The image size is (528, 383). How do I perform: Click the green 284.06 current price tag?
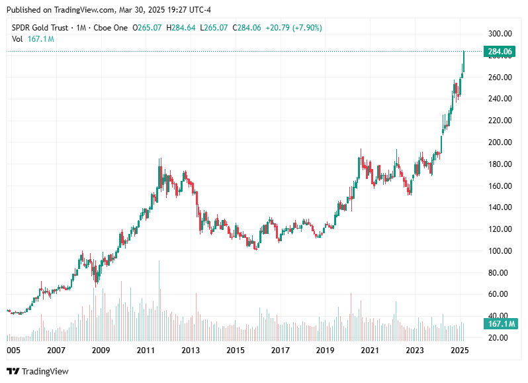click(500, 52)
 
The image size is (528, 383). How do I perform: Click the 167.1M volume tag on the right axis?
click(500, 324)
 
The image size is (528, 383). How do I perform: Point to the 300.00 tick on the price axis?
click(500, 34)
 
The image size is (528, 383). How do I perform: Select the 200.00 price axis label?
click(500, 142)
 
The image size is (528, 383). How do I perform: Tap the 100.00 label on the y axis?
click(500, 251)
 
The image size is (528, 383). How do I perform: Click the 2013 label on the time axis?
click(191, 350)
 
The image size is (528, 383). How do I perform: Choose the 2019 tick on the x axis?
click(324, 350)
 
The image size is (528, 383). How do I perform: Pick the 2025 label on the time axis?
click(460, 350)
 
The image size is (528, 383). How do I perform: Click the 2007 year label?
click(56, 350)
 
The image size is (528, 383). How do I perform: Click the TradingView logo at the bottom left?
click(38, 372)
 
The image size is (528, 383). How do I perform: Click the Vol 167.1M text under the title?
click(32, 39)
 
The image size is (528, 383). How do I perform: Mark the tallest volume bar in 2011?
click(159, 301)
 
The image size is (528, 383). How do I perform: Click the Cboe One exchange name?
click(111, 28)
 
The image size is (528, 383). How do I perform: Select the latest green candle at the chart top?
click(464, 62)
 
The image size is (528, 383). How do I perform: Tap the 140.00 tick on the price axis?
click(500, 207)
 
